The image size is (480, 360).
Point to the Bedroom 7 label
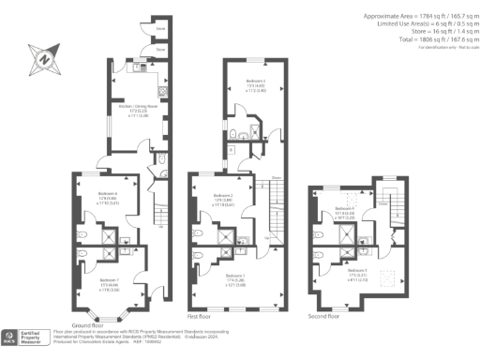(110, 279)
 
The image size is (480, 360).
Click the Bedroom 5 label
(360, 273)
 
